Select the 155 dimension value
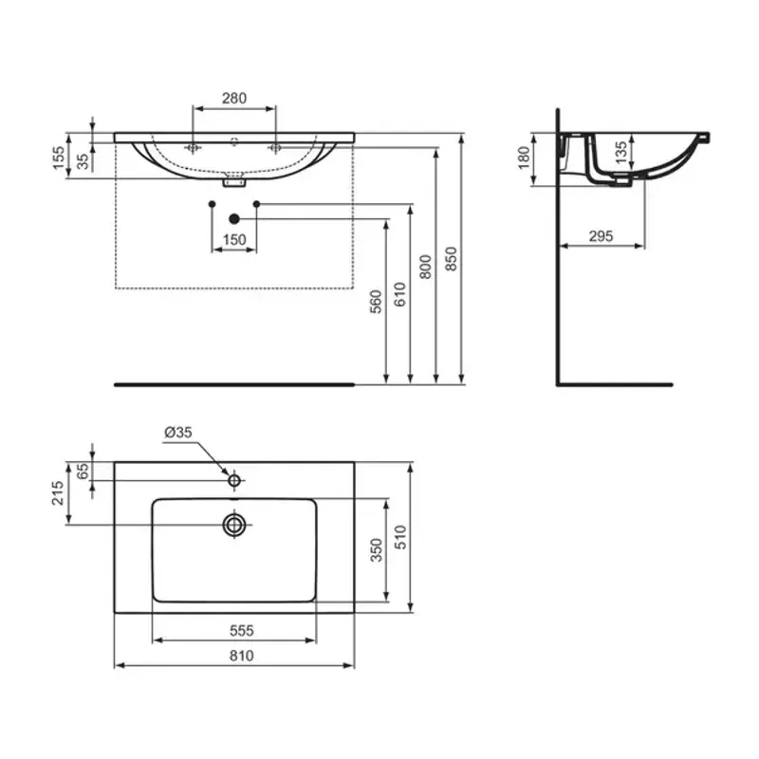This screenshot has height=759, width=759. tap(59, 158)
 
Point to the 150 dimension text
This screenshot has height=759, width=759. tap(234, 240)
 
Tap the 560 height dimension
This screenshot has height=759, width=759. tap(376, 302)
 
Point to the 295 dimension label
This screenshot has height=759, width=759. tap(601, 236)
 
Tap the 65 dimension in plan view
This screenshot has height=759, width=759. tap(83, 472)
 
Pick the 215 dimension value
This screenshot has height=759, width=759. tap(58, 493)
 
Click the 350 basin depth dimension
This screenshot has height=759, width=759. tap(377, 549)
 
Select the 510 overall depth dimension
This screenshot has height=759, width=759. tap(400, 538)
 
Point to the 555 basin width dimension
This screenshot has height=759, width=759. tap(234, 630)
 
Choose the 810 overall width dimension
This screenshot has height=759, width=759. tap(234, 656)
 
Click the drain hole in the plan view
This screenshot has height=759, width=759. tap(234, 524)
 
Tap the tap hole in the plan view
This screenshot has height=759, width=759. tap(234, 480)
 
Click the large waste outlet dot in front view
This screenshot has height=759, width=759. tap(234, 218)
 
